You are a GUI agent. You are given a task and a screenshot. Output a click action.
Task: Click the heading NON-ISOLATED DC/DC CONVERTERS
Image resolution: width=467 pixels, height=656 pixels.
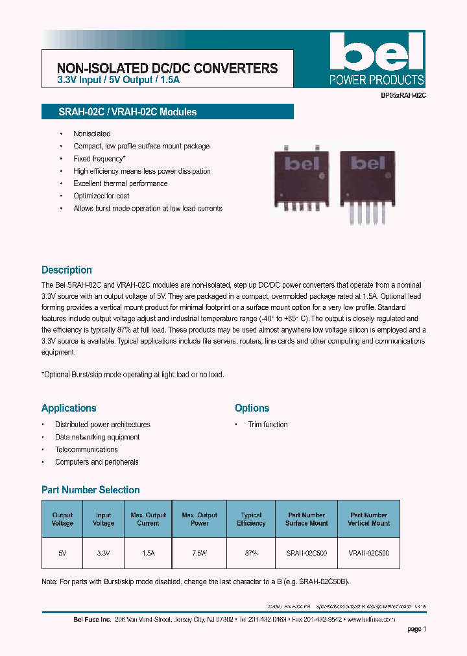point(167,68)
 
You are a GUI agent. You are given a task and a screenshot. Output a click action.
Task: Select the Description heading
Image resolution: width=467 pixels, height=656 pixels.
point(67,270)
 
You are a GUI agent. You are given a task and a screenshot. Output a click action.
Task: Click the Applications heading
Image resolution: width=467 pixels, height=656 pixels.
point(69,408)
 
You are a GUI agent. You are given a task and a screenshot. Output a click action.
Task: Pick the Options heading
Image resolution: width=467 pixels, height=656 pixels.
point(252,408)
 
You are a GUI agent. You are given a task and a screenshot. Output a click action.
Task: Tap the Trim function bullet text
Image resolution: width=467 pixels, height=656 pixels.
point(268,425)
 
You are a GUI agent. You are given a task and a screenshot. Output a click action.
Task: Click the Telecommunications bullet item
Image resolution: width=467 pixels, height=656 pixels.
point(86,449)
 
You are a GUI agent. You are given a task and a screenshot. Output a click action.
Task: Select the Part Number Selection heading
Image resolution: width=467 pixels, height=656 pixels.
point(91,490)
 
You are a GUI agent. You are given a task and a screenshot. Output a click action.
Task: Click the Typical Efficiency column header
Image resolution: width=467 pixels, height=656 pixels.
point(251,519)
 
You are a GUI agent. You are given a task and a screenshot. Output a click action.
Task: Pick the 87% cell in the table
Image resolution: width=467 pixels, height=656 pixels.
point(251,554)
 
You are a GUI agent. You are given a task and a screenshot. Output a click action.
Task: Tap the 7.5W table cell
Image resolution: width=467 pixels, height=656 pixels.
point(199,554)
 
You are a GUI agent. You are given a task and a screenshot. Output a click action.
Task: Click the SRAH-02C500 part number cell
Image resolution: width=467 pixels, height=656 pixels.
point(306,554)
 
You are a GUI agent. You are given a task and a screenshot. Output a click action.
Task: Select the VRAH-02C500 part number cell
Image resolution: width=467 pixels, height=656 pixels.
point(368,554)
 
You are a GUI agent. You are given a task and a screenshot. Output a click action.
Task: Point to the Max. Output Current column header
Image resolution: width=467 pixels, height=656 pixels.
point(148,519)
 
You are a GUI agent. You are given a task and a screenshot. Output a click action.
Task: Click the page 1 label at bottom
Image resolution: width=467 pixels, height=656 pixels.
point(416,629)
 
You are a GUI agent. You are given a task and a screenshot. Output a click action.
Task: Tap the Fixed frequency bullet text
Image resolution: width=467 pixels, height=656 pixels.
point(99,159)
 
